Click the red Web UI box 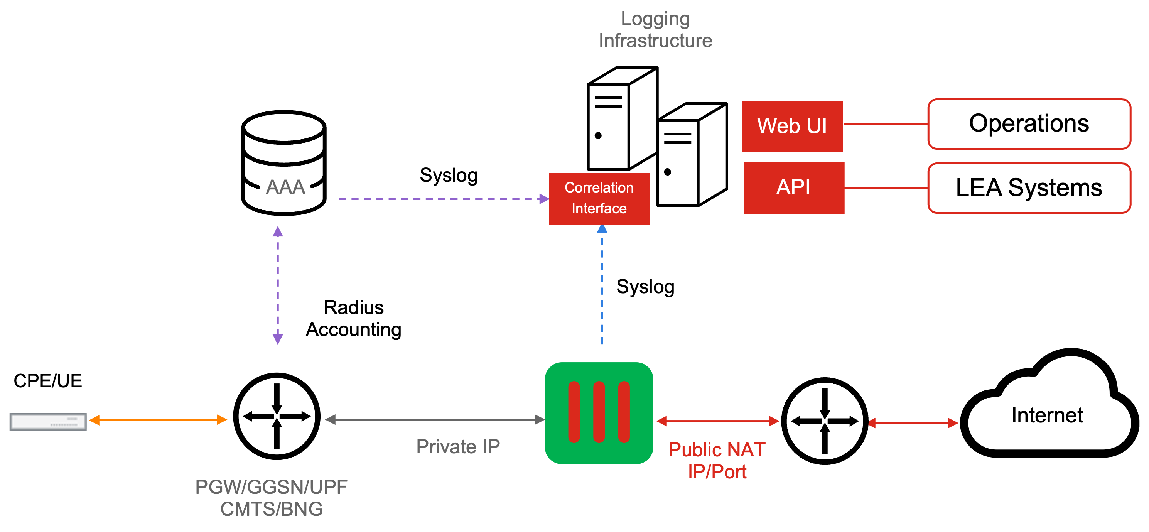click(x=792, y=126)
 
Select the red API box click(x=793, y=188)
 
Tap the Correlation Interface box click(x=599, y=199)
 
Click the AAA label click(x=285, y=187)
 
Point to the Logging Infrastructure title click(x=655, y=29)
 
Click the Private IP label click(x=458, y=446)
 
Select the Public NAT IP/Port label click(x=717, y=461)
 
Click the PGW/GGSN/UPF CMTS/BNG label click(x=271, y=498)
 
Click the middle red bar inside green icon click(x=599, y=412)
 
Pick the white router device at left click(x=48, y=421)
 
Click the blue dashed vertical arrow click(x=602, y=285)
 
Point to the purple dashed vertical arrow click(x=277, y=285)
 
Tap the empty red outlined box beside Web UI click(x=1029, y=124)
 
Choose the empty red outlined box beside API click(x=1029, y=188)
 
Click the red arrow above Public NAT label click(x=717, y=421)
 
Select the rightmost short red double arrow click(x=913, y=423)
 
